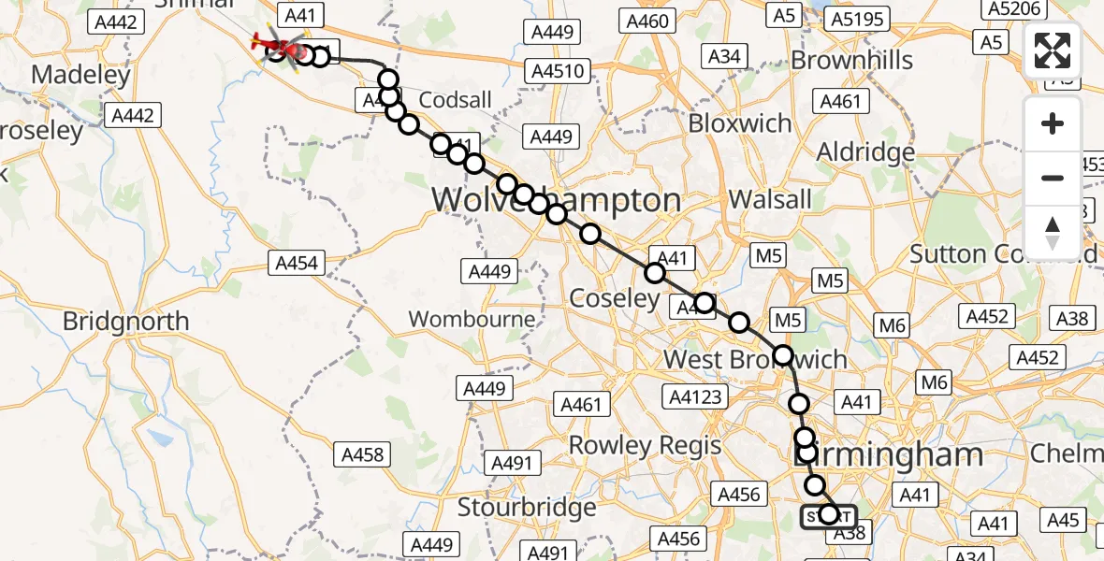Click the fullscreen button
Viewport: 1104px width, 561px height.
(x=1053, y=50)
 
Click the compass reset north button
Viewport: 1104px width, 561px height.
(x=1053, y=232)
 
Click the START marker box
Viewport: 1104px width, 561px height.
(x=828, y=516)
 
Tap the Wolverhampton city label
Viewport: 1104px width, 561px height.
(x=556, y=200)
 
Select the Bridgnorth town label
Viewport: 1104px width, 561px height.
(x=125, y=322)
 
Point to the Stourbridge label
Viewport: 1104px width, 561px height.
(x=527, y=508)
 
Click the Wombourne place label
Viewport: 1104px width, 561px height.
(x=472, y=319)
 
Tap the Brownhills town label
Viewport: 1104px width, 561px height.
(x=851, y=61)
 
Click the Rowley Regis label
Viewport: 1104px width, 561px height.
(x=646, y=445)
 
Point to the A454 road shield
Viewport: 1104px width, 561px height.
(x=298, y=264)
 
